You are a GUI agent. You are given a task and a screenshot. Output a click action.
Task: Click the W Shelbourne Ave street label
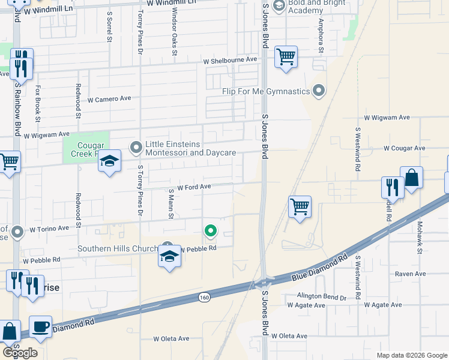[230, 60]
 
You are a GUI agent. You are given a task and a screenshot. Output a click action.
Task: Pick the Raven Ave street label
[411, 274]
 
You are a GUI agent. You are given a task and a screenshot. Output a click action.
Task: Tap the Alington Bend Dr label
[322, 297]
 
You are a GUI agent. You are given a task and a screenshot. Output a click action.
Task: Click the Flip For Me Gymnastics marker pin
[319, 91]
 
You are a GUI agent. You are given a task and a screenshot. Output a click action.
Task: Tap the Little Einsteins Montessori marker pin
[136, 146]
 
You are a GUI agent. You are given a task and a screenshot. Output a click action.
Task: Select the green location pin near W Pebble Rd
[210, 229]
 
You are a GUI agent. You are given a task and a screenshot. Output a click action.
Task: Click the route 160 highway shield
[205, 297]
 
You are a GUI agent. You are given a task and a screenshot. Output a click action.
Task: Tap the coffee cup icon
[40, 327]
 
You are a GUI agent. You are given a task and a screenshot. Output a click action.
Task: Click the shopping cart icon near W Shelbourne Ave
[286, 58]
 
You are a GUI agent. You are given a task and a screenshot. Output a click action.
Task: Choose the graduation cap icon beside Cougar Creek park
[109, 161]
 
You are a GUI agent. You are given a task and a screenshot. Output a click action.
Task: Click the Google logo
[20, 353]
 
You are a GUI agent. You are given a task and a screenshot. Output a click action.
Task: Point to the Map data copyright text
[411, 355]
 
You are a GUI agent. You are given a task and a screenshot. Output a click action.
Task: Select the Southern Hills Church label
[118, 249]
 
